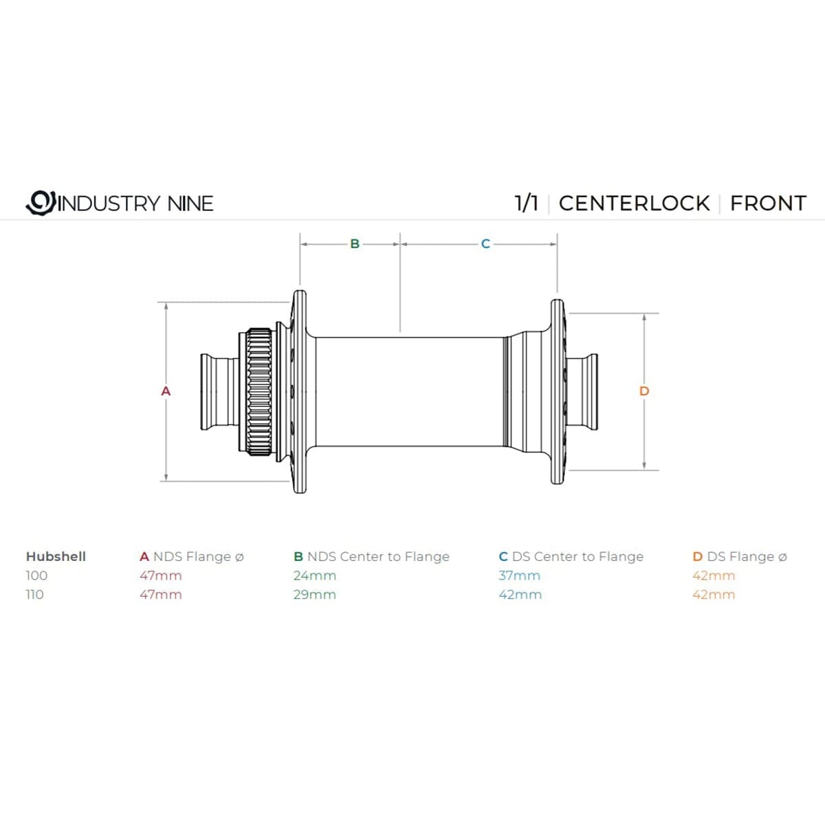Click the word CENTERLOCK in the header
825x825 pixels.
pyautogui.click(x=634, y=203)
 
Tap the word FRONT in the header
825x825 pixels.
pyautogui.click(x=768, y=203)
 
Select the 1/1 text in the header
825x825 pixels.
pyautogui.click(x=526, y=203)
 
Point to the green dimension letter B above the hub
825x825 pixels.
pyautogui.click(x=355, y=243)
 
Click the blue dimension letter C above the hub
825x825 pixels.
pyautogui.click(x=485, y=243)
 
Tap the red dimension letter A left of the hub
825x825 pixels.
pyautogui.click(x=165, y=390)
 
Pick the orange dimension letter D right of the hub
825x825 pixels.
pyautogui.click(x=644, y=390)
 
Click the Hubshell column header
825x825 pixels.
pyautogui.click(x=56, y=556)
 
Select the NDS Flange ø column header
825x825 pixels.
pyautogui.click(x=192, y=556)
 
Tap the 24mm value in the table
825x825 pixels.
pyautogui.click(x=315, y=575)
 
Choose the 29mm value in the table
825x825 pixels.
pyautogui.click(x=315, y=595)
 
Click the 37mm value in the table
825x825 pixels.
pyautogui.click(x=520, y=575)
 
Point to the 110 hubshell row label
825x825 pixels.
pyautogui.click(x=34, y=595)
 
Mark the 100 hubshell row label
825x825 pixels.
pyautogui.click(x=36, y=575)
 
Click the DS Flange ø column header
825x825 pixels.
pyautogui.click(x=740, y=556)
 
